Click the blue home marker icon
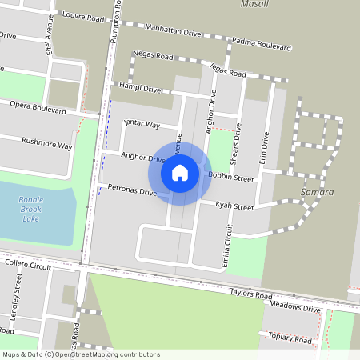[x=180, y=171]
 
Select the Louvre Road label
[x=83, y=17]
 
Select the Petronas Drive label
[x=132, y=191]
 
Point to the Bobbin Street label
[x=230, y=177]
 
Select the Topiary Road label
[x=290, y=338]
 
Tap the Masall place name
[x=255, y=4]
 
